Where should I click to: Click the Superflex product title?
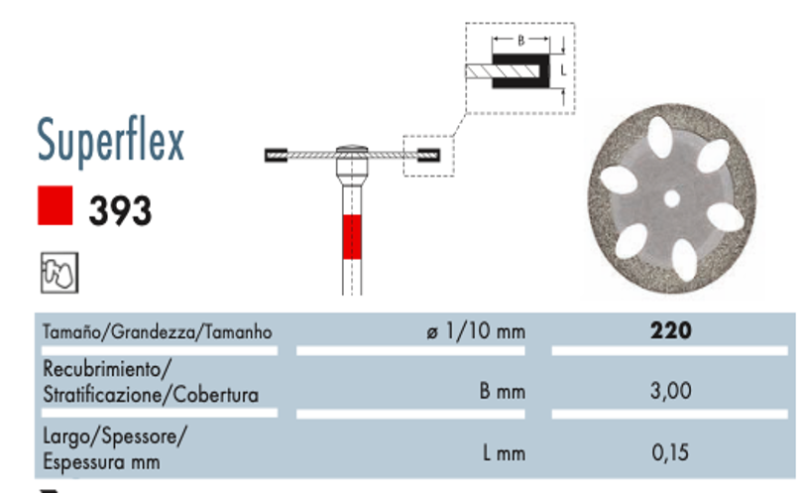pyautogui.click(x=110, y=140)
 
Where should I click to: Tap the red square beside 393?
pyautogui.click(x=55, y=205)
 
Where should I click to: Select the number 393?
pyautogui.click(x=120, y=210)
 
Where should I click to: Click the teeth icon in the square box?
pyautogui.click(x=59, y=273)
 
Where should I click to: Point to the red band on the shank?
pyautogui.click(x=352, y=237)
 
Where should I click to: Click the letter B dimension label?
pyautogui.click(x=521, y=41)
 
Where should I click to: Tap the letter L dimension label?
pyautogui.click(x=564, y=70)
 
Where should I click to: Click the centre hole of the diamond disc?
pyautogui.click(x=671, y=198)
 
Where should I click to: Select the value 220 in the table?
pyautogui.click(x=670, y=330)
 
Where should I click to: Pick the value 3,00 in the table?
pyautogui.click(x=670, y=391)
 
